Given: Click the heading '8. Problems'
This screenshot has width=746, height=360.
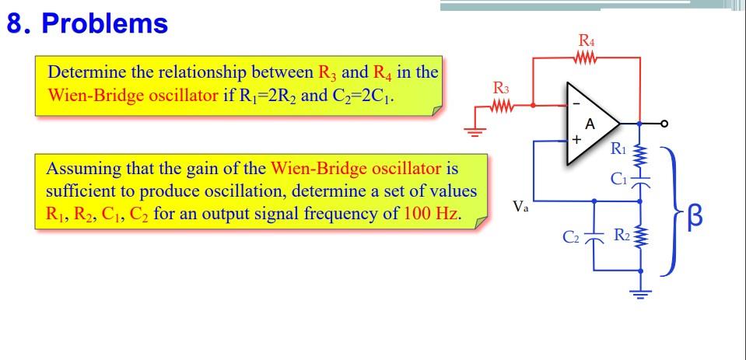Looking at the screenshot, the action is click(87, 24).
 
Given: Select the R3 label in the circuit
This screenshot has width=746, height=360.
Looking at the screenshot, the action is click(502, 87).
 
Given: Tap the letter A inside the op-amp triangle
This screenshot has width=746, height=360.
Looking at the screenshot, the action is click(590, 124).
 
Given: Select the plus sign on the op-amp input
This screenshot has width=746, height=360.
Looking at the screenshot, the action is click(576, 142).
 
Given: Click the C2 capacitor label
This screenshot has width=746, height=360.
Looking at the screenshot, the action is click(571, 234).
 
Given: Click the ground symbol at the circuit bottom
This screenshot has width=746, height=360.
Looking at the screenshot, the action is click(641, 293).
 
